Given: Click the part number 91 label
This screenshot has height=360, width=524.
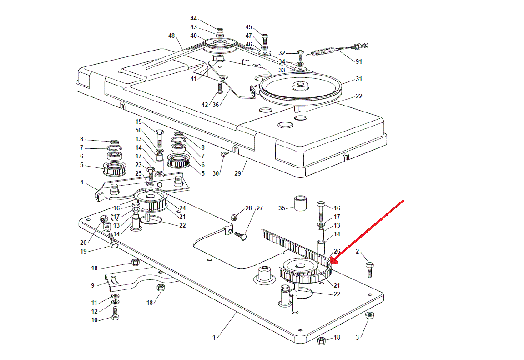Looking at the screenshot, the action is coord(358,61).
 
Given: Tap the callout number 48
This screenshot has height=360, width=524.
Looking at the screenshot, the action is coord(171,35).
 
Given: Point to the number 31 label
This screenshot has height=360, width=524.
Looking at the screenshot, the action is coord(358,79).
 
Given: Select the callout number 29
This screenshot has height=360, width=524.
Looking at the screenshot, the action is coord(237,173).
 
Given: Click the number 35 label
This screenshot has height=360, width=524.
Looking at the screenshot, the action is coord(282,208).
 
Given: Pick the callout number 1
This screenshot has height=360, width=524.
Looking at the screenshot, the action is coord(214,337).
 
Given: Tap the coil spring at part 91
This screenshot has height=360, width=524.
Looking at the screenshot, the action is coord(323,52).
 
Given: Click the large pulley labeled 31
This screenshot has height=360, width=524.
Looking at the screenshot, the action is coord(300,87).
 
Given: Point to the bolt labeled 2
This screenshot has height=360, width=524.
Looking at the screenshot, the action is coord(369,270).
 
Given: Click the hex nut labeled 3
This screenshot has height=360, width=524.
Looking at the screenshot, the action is coord(369,315).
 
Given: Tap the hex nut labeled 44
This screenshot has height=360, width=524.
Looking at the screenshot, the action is coord(220,30).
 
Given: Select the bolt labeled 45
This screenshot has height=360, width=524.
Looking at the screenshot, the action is coord(265,39).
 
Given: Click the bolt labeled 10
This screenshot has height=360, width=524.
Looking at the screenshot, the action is coord(115,313).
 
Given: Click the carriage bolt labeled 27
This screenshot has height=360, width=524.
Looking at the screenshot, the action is coord(241,236).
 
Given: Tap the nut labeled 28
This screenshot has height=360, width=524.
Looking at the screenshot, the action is coord(235,217).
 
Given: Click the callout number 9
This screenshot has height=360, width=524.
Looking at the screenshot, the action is coord(93,285).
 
